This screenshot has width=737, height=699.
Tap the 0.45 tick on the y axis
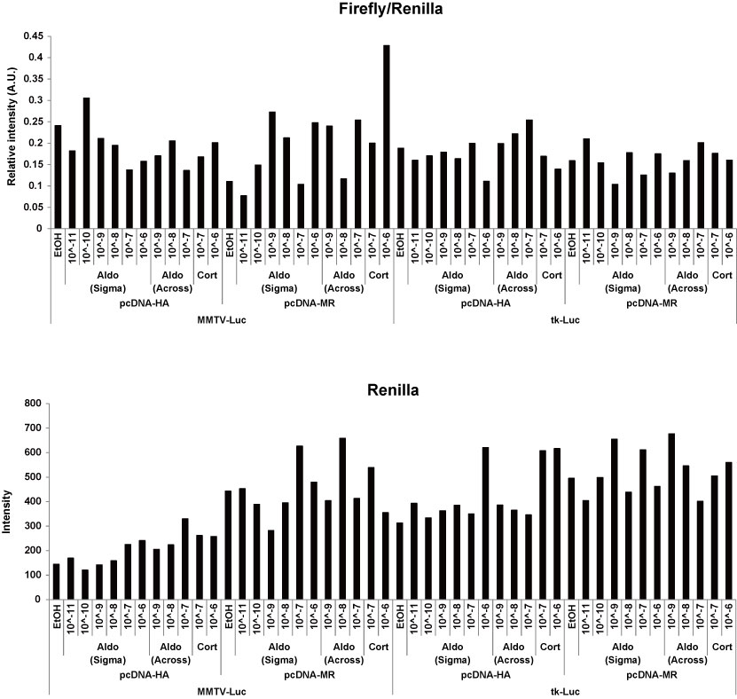point(33,36)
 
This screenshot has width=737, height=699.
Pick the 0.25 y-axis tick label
point(33,122)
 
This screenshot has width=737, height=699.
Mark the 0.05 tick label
point(33,207)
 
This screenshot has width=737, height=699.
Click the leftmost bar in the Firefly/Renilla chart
point(58,177)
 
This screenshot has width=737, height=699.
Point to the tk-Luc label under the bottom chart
point(565,690)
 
